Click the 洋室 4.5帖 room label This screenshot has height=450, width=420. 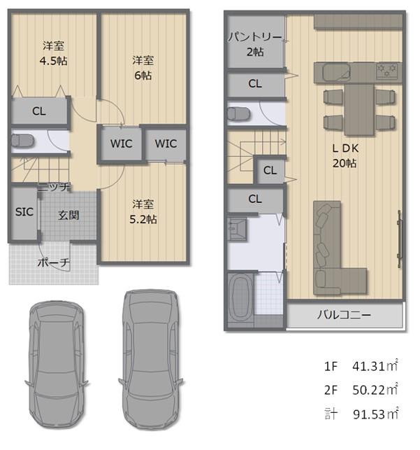(x=54, y=53)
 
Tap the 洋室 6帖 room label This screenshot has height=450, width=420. (x=143, y=68)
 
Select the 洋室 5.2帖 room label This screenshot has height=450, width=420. (x=143, y=212)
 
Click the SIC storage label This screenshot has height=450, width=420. (x=24, y=212)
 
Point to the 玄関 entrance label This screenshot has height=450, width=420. (x=68, y=216)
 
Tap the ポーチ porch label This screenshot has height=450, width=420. (x=54, y=262)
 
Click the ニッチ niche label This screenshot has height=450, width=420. (x=54, y=187)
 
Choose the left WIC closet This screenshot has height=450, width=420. (x=122, y=143)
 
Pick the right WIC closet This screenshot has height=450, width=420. (x=166, y=143)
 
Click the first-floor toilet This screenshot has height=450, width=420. (x=22, y=141)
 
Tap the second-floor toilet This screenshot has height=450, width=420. (x=238, y=114)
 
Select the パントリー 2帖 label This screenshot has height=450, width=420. (x=255, y=45)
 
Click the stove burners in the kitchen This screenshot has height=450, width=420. (x=387, y=70)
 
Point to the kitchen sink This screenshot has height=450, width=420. (x=337, y=72)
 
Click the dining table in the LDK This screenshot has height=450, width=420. (x=359, y=109)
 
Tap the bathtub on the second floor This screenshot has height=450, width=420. (x=240, y=297)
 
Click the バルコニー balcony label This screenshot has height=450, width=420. (x=344, y=315)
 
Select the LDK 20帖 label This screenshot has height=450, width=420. (x=345, y=155)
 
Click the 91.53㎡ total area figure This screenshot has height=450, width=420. (x=375, y=414)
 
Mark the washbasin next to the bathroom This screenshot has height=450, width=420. (x=237, y=229)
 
